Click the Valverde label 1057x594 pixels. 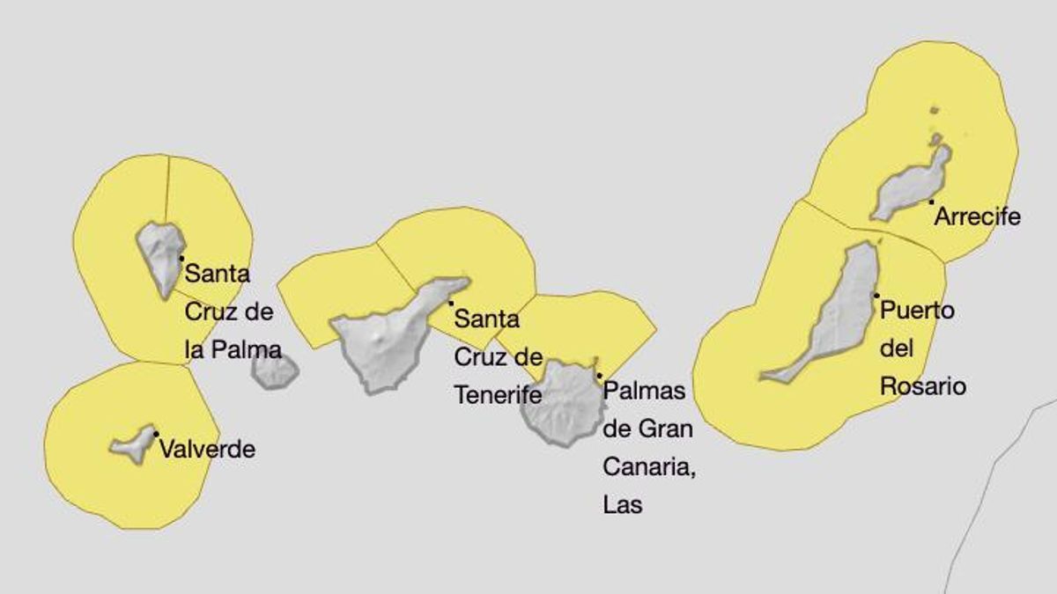point(208,450)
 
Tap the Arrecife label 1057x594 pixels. point(977,216)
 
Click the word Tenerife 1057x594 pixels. point(498,395)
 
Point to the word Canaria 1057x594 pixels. point(648,467)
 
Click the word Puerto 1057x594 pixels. point(918,311)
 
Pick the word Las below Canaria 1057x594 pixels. point(623,505)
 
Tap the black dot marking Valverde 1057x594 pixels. point(156,434)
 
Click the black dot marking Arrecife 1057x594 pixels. point(931,202)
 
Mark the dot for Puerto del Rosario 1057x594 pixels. point(876,296)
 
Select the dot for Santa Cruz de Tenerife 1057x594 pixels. point(451,304)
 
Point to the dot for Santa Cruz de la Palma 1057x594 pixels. point(181,258)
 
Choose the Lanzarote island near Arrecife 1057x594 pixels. point(912,186)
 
